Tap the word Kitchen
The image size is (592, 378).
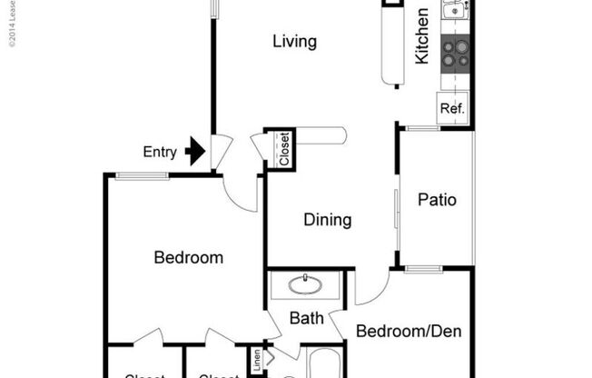422,36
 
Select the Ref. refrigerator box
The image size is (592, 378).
452,108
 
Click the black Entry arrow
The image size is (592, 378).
194,151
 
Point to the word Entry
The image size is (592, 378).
161,152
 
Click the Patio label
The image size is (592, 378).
437,200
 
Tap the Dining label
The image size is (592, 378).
327,220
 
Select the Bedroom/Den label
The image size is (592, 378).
408,331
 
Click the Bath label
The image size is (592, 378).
307,319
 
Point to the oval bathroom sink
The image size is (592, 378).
306,286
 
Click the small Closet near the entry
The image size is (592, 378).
283,149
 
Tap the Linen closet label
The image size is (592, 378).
257,361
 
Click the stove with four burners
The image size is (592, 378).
454,53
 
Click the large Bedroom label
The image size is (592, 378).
188,258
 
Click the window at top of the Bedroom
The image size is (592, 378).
143,175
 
